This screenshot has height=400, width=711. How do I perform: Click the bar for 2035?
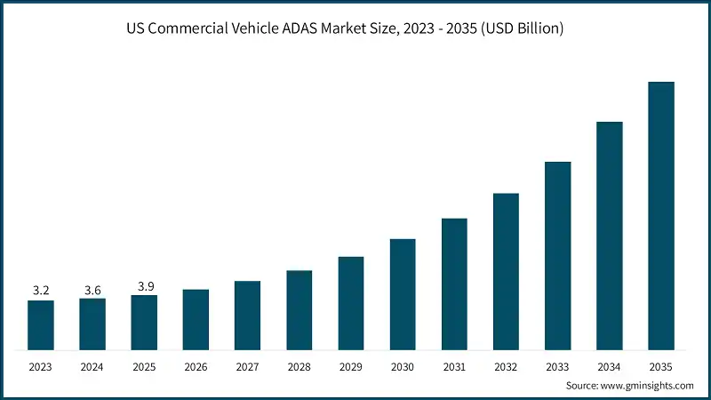[660, 215]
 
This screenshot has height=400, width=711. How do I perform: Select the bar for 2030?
[403, 293]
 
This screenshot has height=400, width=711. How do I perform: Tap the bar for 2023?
[41, 324]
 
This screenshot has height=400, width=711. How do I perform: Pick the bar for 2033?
[557, 255]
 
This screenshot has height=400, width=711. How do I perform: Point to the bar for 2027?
[247, 315]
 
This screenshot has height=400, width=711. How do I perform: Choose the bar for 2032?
[506, 271]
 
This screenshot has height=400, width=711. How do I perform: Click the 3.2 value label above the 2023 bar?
[41, 290]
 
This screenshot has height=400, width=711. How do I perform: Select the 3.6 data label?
[92, 290]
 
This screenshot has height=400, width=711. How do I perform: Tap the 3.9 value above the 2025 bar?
[144, 285]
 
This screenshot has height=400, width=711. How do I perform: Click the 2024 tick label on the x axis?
[92, 365]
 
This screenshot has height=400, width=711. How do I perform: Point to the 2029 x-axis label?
[350, 365]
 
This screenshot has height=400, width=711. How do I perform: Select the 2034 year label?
[609, 365]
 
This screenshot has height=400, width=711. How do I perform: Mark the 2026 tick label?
[196, 365]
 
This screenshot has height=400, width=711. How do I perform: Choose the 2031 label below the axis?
[454, 365]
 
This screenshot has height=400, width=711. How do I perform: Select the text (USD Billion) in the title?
[520, 29]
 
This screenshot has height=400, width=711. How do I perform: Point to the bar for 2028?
[299, 309]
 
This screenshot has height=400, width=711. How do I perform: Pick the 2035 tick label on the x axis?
[660, 365]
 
